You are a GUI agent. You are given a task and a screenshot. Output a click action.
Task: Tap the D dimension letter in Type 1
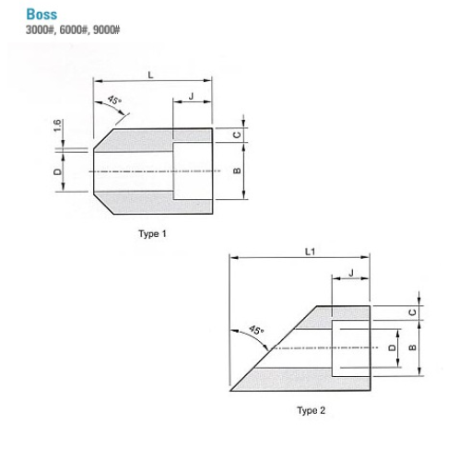point(57,171)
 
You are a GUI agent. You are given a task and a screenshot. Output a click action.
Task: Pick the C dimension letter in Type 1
point(237,135)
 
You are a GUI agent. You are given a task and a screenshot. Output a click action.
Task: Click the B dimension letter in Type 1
point(237,171)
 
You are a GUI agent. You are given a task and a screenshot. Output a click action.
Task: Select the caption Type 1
point(152,234)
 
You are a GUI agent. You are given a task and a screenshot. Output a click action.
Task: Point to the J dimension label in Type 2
point(351,273)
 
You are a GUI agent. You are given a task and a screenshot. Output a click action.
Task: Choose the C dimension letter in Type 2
point(410,312)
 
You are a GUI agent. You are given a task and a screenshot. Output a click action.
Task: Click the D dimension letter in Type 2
point(392,347)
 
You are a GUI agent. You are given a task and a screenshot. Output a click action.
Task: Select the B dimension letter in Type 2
point(410,347)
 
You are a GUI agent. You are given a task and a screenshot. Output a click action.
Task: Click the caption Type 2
point(311,410)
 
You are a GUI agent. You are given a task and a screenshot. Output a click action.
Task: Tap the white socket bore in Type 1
point(192,171)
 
